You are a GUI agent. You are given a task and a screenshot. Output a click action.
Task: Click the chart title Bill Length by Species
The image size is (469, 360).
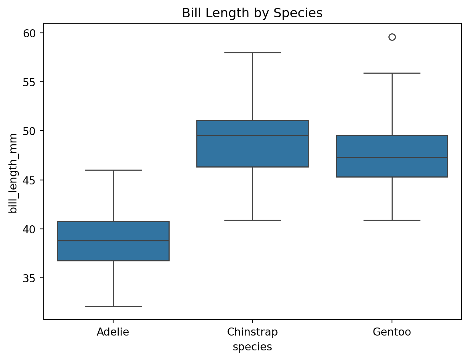[x=252, y=13]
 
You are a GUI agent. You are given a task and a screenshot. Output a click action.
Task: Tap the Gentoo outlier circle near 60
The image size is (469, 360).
[x=392, y=37]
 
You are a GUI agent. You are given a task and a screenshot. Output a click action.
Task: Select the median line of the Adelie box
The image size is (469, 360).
[x=113, y=241]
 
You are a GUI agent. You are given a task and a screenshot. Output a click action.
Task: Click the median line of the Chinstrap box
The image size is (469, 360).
[x=252, y=136]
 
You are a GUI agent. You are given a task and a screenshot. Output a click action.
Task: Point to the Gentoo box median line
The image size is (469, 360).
[x=392, y=158]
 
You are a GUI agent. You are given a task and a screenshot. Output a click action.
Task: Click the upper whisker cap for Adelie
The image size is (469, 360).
[x=113, y=170]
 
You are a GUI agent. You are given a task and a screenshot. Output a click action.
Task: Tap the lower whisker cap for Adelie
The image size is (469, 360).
[x=113, y=306]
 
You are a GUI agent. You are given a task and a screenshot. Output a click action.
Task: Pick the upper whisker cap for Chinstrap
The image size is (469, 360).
[x=252, y=53]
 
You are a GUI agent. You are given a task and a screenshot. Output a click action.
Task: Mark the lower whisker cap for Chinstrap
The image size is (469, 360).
[x=252, y=220]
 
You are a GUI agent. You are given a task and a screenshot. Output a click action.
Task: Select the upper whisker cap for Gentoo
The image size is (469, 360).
[x=392, y=73]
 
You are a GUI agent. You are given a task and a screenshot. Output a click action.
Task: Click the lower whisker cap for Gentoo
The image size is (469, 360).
[x=392, y=220]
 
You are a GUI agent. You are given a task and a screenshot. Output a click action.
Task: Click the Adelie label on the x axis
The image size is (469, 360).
[x=113, y=332]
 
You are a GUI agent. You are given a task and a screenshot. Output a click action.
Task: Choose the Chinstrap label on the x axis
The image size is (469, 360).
[x=252, y=332]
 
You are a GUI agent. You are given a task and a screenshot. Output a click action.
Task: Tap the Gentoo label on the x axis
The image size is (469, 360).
[x=392, y=332]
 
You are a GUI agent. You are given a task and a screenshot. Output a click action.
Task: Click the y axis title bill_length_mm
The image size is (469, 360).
[x=14, y=173]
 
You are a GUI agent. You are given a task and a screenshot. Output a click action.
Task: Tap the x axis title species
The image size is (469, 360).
[x=252, y=347]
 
